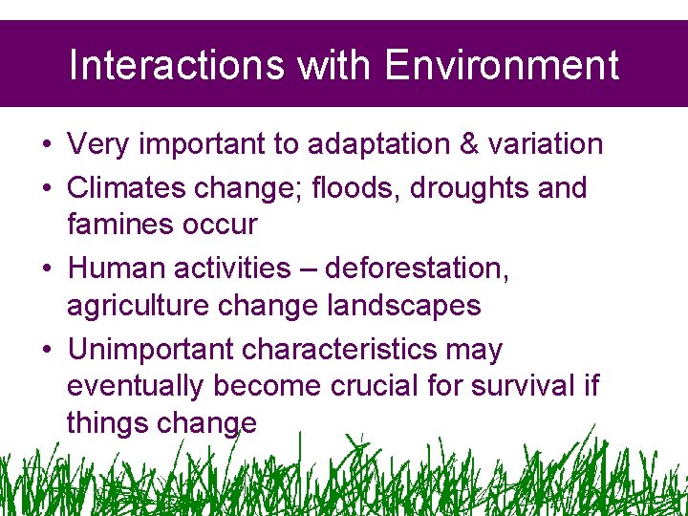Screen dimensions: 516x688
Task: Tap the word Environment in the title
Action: click(502, 66)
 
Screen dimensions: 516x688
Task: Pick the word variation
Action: click(551, 144)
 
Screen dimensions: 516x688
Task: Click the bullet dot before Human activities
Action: click(46, 269)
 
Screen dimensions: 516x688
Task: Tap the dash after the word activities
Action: click(307, 269)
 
